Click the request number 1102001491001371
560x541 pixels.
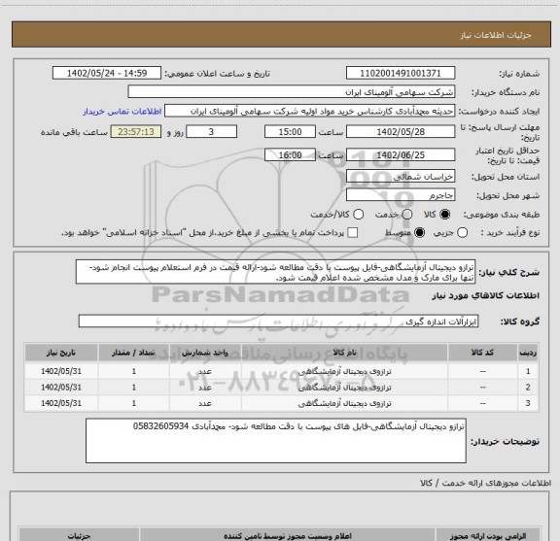coord(400,73)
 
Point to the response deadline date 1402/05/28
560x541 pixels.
coord(400,131)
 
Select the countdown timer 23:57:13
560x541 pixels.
coord(136,131)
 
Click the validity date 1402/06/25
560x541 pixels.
coord(400,154)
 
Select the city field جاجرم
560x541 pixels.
coord(400,195)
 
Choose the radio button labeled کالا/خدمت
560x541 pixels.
coord(356,214)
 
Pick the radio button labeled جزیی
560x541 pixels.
coord(461,233)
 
